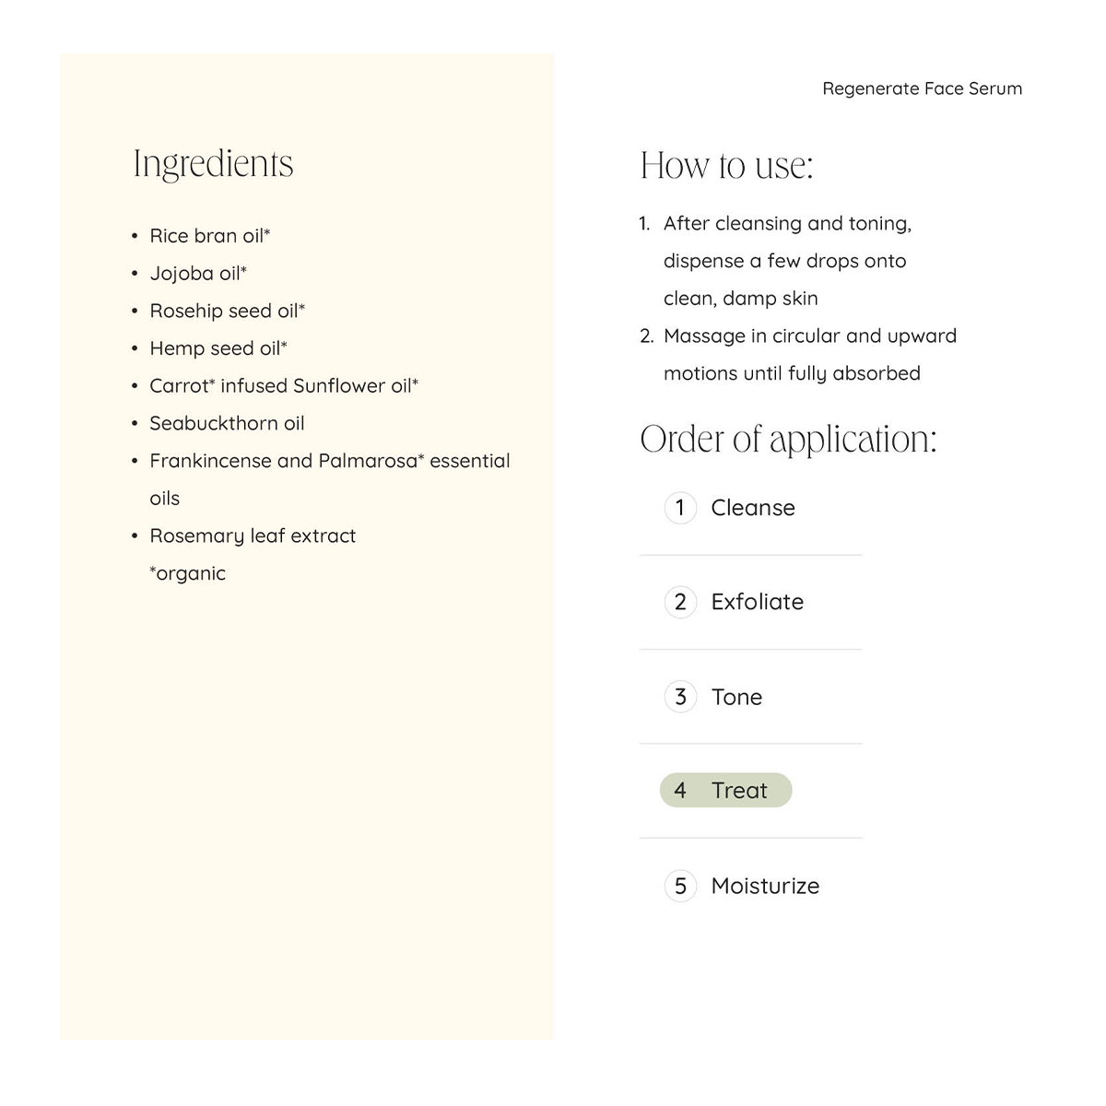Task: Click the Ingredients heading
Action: [x=213, y=165]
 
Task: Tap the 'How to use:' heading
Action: [x=726, y=166]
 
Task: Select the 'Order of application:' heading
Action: [x=787, y=439]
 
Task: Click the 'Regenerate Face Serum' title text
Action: [x=922, y=88]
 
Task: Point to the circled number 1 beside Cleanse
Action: [x=680, y=508]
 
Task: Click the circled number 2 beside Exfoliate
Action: [x=680, y=603]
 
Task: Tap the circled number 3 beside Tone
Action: [x=680, y=697]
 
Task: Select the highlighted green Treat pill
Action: [x=725, y=791]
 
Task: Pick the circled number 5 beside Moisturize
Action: [x=680, y=887]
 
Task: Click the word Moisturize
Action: [x=765, y=887]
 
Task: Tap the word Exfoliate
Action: [x=757, y=603]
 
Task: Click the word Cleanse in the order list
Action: [x=752, y=508]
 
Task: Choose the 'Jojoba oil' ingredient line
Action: [x=198, y=274]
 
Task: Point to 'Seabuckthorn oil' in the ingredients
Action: [x=227, y=424]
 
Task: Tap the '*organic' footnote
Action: [x=188, y=573]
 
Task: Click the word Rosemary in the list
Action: [x=196, y=536]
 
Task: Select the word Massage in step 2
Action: [x=703, y=336]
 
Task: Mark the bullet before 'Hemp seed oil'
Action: [x=135, y=349]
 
